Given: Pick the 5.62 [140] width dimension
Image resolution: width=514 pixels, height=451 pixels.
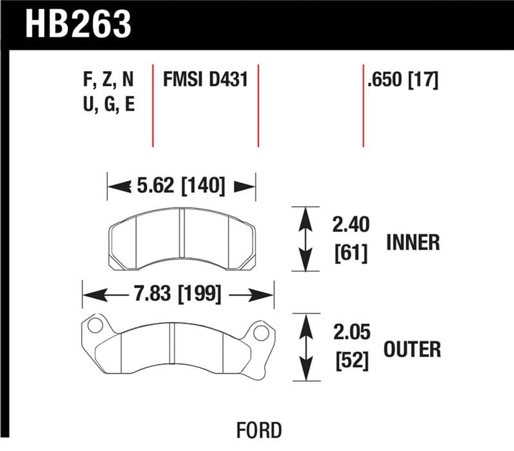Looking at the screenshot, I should coord(181,186).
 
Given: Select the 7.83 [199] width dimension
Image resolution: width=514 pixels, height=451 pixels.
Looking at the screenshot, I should coord(178,295).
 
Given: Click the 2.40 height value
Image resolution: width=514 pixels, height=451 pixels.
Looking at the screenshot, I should coord(350,225).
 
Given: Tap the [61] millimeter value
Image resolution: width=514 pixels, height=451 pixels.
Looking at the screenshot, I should coord(350,254).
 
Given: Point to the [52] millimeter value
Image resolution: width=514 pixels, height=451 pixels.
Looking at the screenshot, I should coord(350,361).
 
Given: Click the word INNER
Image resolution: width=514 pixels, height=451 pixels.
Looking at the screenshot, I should coord(413,242).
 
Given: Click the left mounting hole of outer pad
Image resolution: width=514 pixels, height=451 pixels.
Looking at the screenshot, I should coord(95,325).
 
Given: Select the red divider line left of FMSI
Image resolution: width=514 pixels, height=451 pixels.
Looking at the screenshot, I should coord(153,106).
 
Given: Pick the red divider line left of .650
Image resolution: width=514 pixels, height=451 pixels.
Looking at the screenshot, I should coord(363,106).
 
